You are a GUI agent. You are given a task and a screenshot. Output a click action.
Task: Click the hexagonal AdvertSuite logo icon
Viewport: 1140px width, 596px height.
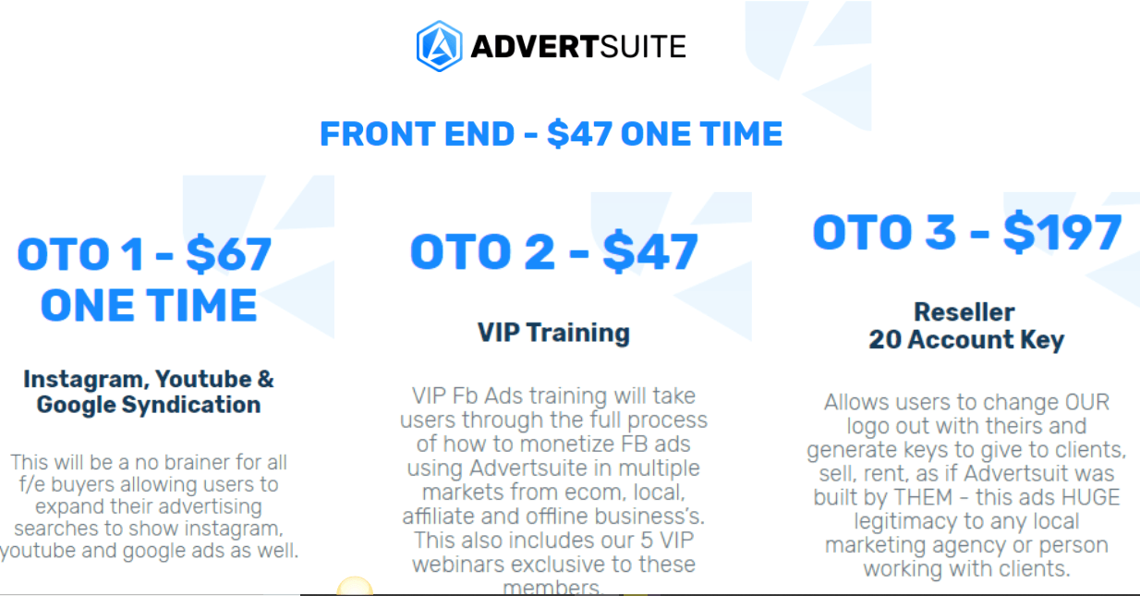click(439, 46)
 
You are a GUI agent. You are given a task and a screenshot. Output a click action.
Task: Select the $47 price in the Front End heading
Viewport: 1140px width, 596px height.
click(579, 134)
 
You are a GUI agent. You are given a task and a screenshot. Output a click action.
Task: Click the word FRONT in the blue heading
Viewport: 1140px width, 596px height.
click(376, 134)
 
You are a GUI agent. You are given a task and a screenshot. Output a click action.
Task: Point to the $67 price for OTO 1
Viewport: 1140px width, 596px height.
click(228, 253)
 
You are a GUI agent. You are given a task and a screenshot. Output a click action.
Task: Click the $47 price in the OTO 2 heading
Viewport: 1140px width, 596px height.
click(649, 251)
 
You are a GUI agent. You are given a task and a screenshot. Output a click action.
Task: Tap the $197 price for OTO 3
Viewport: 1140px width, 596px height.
click(1062, 232)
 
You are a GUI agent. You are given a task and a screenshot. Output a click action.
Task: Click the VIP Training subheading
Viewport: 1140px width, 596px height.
click(553, 333)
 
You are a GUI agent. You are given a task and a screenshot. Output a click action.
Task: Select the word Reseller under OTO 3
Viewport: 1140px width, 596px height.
click(964, 312)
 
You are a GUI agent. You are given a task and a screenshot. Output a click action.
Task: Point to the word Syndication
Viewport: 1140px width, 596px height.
click(191, 405)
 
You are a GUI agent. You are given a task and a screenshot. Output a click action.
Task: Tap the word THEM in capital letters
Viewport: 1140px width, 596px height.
click(923, 497)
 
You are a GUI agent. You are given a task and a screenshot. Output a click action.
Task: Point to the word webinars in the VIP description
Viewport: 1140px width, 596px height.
click(456, 565)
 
